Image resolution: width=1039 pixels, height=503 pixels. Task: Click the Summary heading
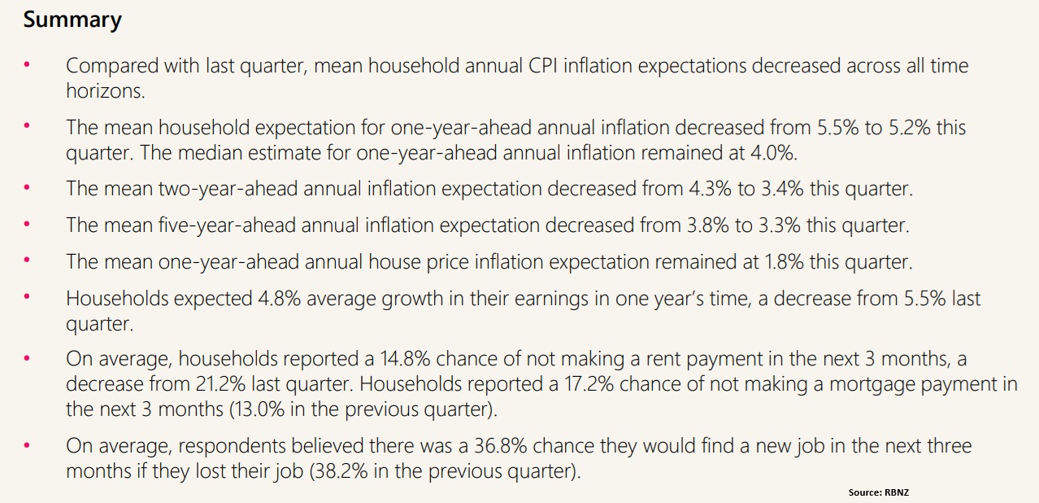pyautogui.click(x=72, y=20)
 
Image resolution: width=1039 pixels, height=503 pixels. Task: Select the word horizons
pyautogui.click(x=105, y=91)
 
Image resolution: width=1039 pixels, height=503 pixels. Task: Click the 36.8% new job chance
pyautogui.click(x=524, y=446)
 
